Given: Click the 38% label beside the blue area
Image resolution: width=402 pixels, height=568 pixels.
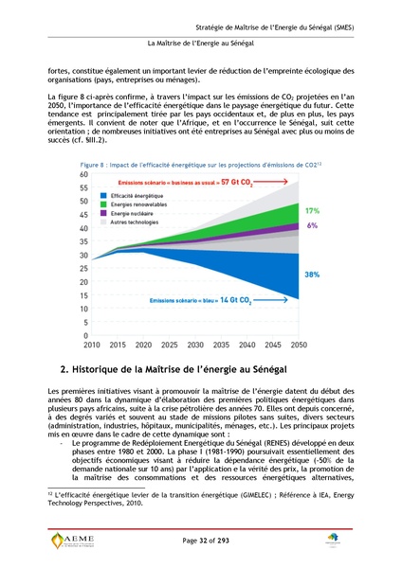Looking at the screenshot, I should pyautogui.click(x=311, y=274).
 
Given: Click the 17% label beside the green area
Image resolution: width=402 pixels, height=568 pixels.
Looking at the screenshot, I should pyautogui.click(x=312, y=209).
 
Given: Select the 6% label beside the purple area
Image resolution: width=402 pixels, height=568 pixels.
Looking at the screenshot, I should pyautogui.click(x=312, y=226).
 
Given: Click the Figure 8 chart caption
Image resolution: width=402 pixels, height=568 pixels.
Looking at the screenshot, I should pyautogui.click(x=197, y=165).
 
